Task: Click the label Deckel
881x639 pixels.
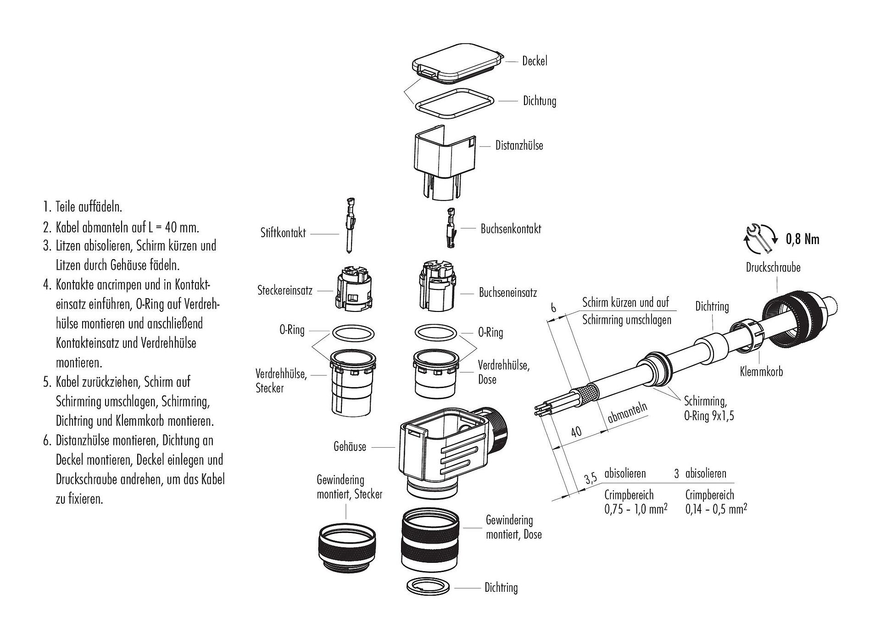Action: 535,61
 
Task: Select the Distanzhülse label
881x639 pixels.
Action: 519,145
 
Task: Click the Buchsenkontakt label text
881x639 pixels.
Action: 511,228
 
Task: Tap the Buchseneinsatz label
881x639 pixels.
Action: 507,293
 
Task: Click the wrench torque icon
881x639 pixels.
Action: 760,238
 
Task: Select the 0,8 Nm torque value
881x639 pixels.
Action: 803,239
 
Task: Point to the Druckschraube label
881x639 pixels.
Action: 773,267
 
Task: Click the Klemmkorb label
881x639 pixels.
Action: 761,371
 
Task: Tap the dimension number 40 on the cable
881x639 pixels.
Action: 575,432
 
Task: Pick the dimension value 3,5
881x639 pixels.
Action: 591,479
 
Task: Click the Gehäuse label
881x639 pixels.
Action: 350,446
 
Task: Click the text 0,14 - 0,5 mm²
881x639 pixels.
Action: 716,509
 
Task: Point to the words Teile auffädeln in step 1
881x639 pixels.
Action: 89,207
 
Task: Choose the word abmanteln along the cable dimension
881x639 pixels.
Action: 628,413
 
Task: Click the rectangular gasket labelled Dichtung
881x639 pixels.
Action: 454,106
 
